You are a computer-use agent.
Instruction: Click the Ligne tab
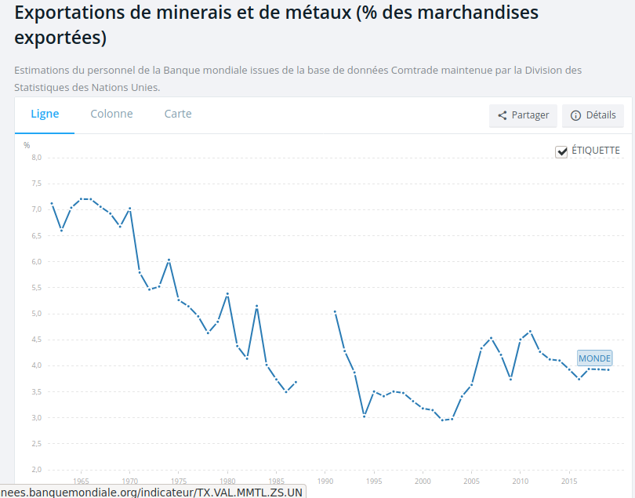click(45, 114)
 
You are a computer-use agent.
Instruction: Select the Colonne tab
click(111, 114)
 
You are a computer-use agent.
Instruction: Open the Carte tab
click(178, 114)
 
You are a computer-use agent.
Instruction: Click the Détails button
click(593, 115)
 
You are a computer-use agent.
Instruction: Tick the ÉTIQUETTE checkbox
click(561, 151)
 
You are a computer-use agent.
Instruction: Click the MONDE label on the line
click(594, 358)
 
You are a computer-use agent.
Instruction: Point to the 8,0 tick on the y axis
click(36, 158)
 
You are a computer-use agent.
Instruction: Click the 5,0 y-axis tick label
click(36, 314)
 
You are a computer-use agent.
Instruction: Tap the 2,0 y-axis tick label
click(36, 470)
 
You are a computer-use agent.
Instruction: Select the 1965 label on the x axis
click(81, 482)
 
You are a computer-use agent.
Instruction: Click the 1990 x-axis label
click(325, 482)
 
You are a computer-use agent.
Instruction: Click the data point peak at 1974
click(169, 260)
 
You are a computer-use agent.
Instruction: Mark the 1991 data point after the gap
click(335, 311)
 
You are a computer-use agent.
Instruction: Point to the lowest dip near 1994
click(365, 416)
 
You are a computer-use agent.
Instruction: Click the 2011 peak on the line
click(531, 331)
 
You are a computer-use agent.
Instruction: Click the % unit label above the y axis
click(27, 145)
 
